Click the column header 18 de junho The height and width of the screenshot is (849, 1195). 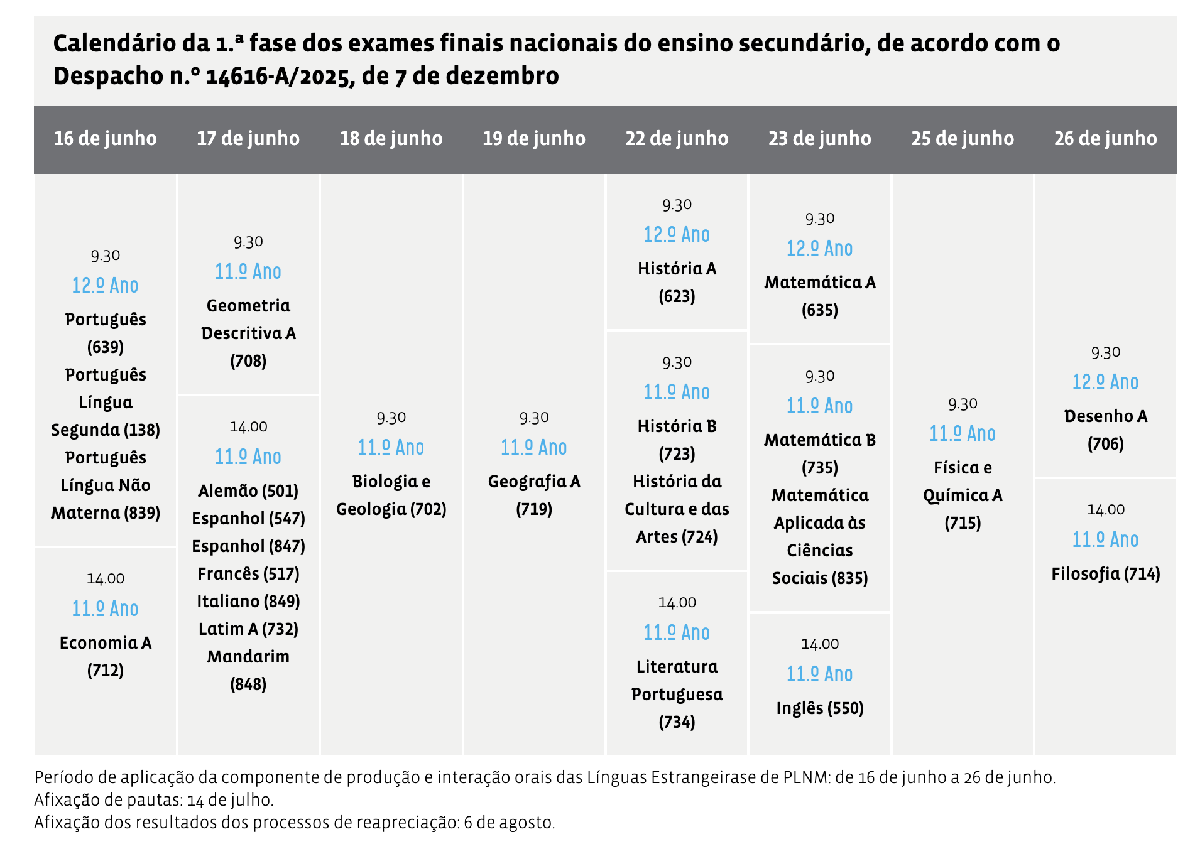391,139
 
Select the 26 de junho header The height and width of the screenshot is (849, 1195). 1105,139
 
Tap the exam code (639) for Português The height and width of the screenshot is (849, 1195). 106,347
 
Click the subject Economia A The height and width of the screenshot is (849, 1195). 106,642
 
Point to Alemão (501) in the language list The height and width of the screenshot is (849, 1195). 248,490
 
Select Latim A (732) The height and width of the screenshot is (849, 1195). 248,629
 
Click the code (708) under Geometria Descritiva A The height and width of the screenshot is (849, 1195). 248,360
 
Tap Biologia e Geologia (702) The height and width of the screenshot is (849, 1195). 391,495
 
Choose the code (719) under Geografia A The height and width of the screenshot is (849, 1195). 534,509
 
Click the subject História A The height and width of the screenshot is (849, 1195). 677,269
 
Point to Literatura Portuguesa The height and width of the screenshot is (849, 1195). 677,680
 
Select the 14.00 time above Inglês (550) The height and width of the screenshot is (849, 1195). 819,644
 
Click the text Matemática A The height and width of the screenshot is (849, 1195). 819,283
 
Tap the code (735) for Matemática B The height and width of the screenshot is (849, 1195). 819,467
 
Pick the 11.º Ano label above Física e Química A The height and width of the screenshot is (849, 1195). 962,433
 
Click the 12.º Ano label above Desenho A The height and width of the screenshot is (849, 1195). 1105,382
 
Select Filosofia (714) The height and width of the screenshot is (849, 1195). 1105,573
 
